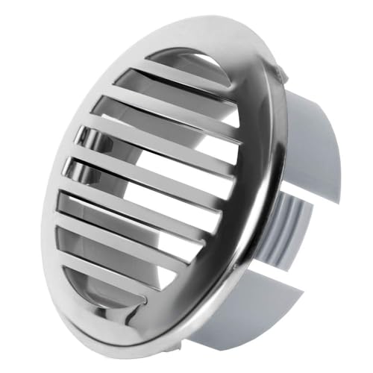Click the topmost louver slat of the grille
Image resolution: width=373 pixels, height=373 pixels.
pos(186,72)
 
